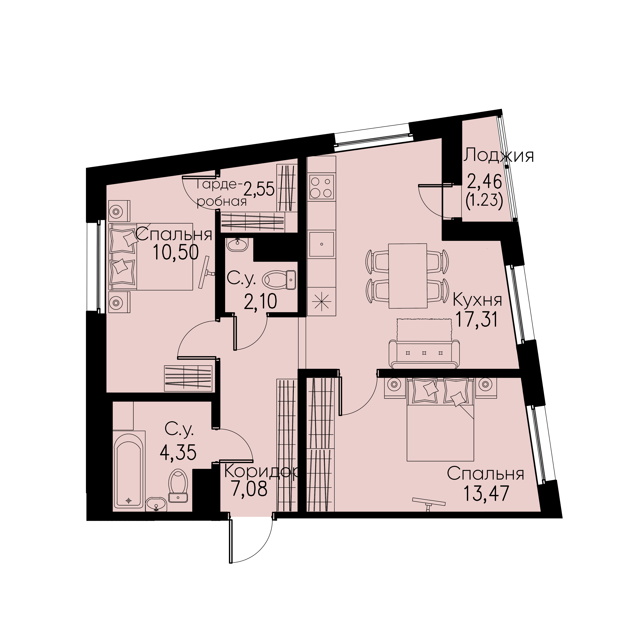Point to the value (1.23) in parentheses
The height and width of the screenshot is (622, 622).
pos(484,202)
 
